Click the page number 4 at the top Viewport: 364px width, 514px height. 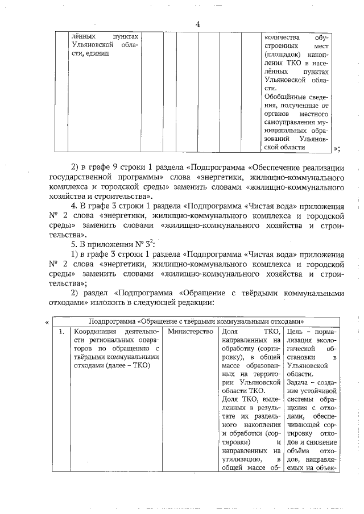click(x=197, y=24)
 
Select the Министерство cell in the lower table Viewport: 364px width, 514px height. click(x=189, y=331)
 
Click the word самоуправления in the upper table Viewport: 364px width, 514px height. click(x=291, y=122)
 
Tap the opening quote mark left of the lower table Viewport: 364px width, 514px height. click(x=47, y=322)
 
